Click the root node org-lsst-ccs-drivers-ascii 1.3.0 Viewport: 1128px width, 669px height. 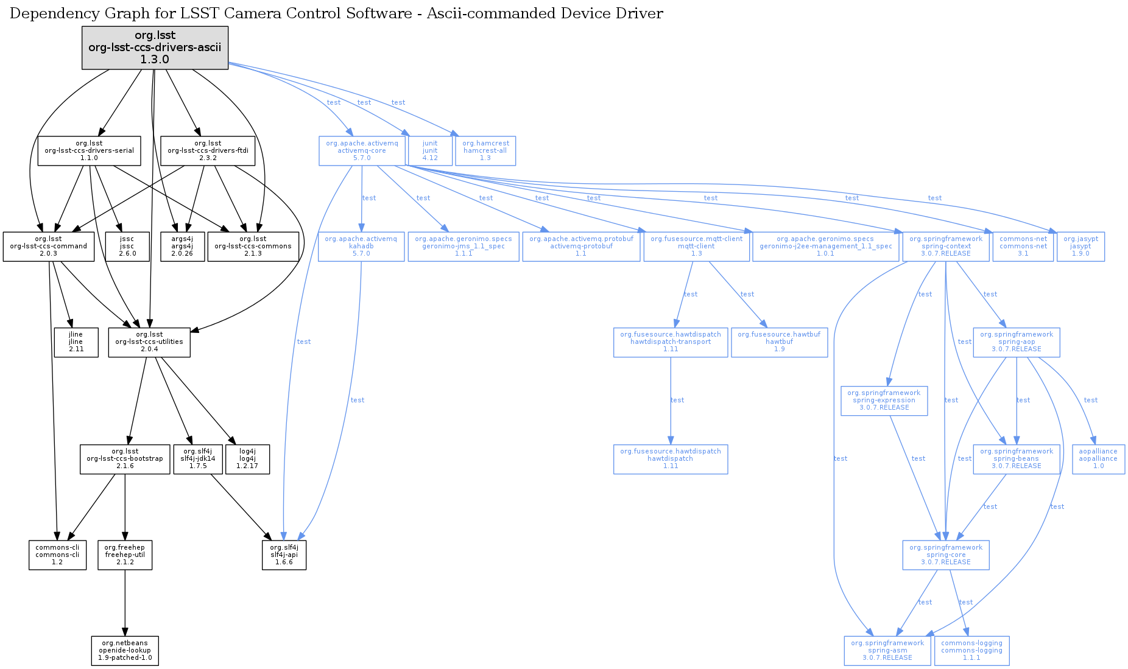tap(155, 47)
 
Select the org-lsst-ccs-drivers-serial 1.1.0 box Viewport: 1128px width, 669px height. tap(89, 151)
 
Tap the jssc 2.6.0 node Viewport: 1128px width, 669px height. tap(127, 247)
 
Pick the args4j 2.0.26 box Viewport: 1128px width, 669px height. tap(182, 247)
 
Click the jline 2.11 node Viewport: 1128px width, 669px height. tap(76, 342)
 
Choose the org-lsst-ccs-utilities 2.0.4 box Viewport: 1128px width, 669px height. tap(149, 342)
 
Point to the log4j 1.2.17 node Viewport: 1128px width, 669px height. tap(247, 459)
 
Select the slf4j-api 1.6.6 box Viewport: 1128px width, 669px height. tap(284, 555)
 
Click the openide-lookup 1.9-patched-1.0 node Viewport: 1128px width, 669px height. tap(125, 651)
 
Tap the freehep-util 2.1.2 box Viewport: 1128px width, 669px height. tap(125, 555)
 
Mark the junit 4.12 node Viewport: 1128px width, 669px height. tap(430, 151)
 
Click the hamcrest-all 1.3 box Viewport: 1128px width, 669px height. tap(485, 151)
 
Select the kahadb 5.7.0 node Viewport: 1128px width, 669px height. tap(361, 247)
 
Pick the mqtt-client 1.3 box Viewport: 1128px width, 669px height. tap(696, 247)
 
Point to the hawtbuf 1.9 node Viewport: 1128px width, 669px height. tap(779, 342)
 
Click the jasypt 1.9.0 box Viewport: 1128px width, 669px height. tap(1080, 247)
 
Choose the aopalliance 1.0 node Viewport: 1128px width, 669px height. tap(1098, 459)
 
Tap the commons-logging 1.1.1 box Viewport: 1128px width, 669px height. tap(971, 651)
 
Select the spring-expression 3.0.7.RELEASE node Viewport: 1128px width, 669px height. tap(884, 401)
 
